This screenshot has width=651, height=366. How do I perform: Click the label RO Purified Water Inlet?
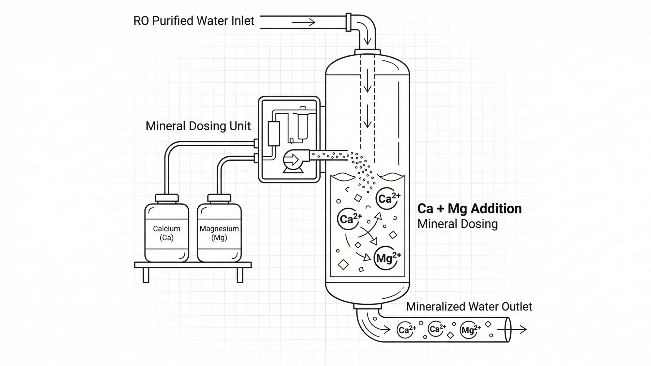pyautogui.click(x=194, y=21)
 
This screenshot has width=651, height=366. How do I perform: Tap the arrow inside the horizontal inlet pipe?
pyautogui.click(x=303, y=22)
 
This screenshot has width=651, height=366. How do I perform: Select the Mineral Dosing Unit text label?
pyautogui.click(x=198, y=126)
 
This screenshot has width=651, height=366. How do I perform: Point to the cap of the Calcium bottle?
pyautogui.click(x=167, y=198)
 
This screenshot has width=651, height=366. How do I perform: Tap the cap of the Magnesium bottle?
pyautogui.click(x=219, y=198)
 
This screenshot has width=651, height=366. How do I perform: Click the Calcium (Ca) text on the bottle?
pyautogui.click(x=167, y=233)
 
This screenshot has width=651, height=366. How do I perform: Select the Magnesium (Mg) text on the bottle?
pyautogui.click(x=219, y=233)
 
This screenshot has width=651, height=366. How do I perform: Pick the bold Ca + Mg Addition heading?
pyautogui.click(x=469, y=209)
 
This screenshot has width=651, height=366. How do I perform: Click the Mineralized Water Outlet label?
pyautogui.click(x=469, y=307)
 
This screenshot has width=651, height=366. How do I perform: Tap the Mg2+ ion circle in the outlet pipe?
pyautogui.click(x=469, y=330)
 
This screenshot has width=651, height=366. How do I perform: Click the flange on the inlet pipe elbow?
pyautogui.click(x=348, y=22)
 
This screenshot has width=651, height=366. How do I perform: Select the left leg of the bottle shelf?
pyautogui.click(x=146, y=275)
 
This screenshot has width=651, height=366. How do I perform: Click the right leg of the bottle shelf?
pyautogui.click(x=240, y=275)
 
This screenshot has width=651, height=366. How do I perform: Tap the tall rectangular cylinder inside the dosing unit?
pyautogui.click(x=274, y=134)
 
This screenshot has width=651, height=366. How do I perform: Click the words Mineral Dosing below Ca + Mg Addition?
pyautogui.click(x=457, y=224)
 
